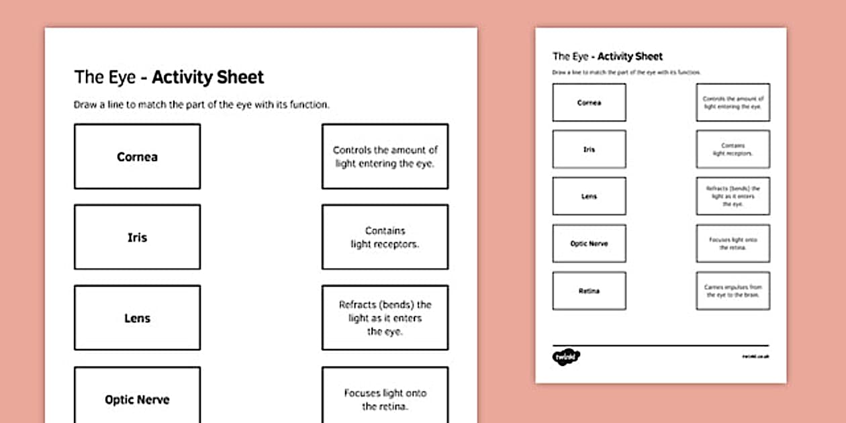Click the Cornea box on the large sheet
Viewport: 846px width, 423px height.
[137, 156]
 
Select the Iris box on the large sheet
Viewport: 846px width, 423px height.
[137, 237]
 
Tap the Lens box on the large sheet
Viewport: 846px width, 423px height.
[137, 318]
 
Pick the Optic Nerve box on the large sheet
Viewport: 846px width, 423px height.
[137, 396]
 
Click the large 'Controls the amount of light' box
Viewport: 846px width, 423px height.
[385, 156]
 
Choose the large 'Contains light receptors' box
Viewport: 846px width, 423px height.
[385, 237]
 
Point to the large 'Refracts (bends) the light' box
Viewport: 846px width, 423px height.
[385, 318]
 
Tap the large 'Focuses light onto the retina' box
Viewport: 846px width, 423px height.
[385, 396]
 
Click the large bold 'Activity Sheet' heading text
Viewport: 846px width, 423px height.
[208, 77]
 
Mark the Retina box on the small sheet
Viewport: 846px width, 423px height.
[589, 291]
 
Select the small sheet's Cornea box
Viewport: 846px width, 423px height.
[589, 103]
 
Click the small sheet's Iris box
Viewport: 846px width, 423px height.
[589, 149]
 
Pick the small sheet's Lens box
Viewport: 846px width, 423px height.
[589, 196]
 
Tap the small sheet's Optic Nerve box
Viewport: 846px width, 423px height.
[589, 243]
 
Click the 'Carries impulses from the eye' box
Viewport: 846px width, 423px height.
[733, 291]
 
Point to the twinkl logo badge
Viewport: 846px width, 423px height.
[566, 356]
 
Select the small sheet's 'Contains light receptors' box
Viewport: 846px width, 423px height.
[733, 149]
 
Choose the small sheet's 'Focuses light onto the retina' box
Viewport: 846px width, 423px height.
[733, 243]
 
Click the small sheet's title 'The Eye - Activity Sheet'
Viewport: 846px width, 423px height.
[608, 56]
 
